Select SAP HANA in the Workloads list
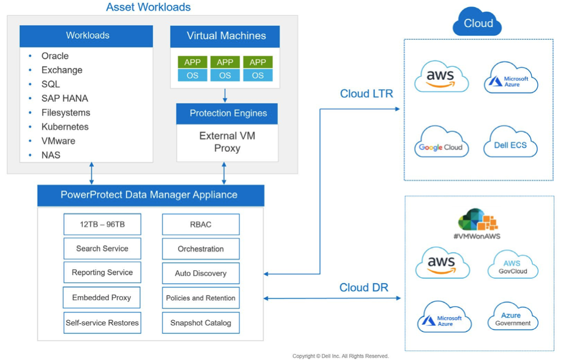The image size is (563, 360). (x=65, y=99)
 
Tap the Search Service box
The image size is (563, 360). (x=102, y=249)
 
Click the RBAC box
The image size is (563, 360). (x=201, y=225)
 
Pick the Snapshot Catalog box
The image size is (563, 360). (x=201, y=322)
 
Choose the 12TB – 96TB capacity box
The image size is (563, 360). (x=102, y=225)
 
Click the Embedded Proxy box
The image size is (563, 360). (x=101, y=297)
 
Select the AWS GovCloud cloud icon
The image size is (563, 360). (x=513, y=265)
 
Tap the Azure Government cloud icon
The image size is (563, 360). (x=513, y=317)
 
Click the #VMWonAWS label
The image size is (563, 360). (x=477, y=236)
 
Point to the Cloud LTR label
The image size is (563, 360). (x=367, y=94)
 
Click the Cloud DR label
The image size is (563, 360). (x=364, y=287)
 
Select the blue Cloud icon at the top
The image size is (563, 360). (x=477, y=22)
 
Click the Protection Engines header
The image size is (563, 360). (x=228, y=113)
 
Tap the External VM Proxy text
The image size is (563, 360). (x=228, y=142)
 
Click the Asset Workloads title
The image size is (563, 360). (x=148, y=7)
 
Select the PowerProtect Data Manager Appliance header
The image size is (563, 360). (x=151, y=195)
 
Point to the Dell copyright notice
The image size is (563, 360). (x=340, y=356)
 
